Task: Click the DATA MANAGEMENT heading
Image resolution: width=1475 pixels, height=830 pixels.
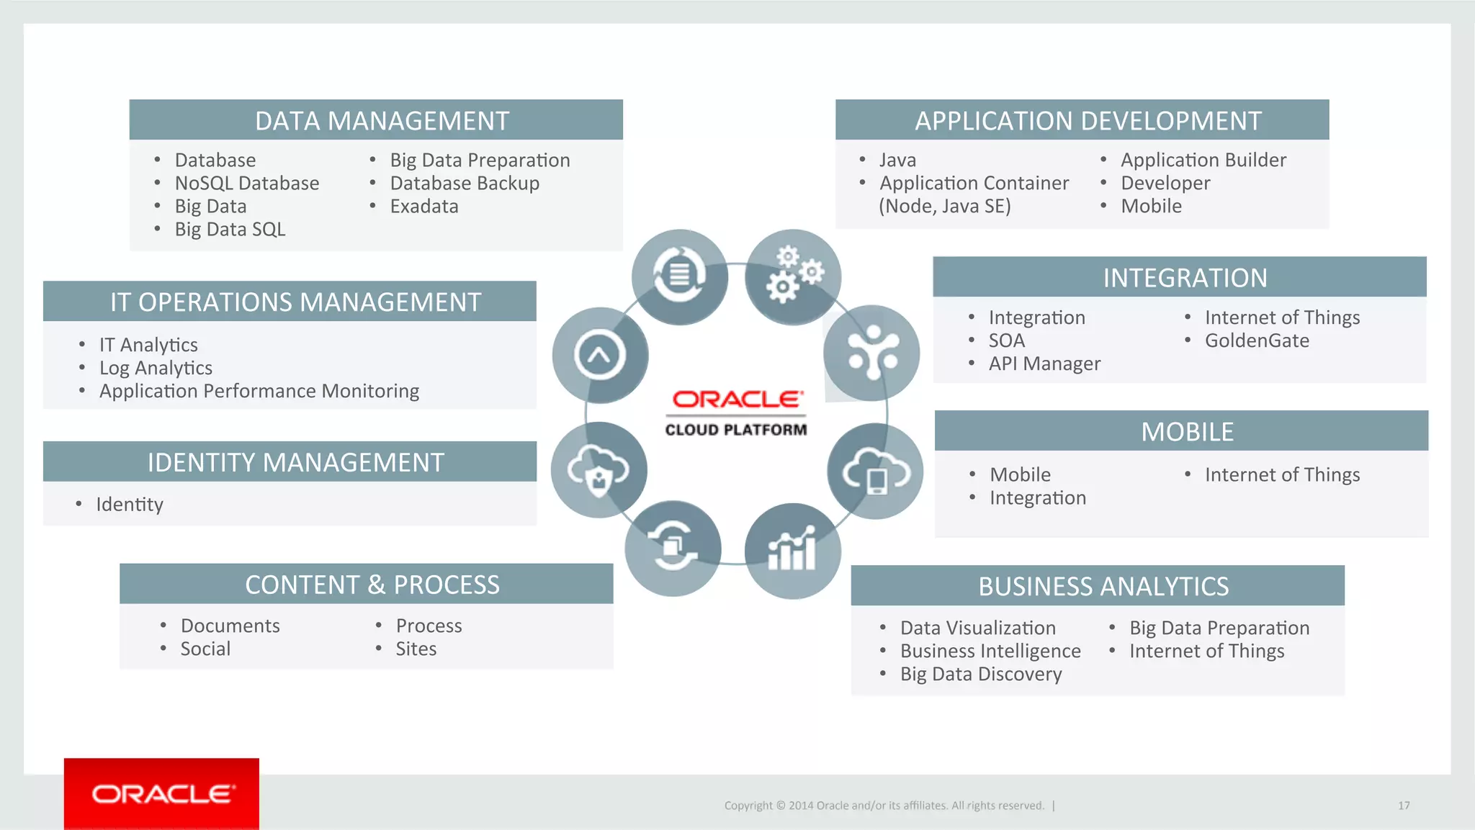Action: pos(382,121)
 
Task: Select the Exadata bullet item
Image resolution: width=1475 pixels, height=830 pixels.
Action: pos(423,207)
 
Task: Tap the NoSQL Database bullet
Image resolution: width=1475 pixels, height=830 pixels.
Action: pos(246,184)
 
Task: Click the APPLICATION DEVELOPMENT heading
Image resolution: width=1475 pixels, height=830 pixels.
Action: pos(1088,121)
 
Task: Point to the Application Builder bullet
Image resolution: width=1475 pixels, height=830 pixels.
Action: pos(1203,161)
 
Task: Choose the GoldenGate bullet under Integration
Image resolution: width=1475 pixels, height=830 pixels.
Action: pos(1257,340)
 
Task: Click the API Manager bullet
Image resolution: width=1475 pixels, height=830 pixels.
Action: pos(1044,364)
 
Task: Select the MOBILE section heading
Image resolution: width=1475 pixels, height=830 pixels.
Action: pos(1187,432)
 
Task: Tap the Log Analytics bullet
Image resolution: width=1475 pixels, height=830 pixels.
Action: pos(156,368)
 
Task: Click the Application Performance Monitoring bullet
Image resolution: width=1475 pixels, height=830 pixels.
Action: pos(259,391)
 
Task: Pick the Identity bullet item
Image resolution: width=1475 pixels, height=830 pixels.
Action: pos(130,505)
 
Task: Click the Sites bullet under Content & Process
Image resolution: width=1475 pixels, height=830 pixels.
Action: pos(416,649)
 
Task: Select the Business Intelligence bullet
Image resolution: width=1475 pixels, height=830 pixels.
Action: pos(990,651)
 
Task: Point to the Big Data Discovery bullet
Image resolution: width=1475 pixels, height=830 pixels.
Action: pos(980,674)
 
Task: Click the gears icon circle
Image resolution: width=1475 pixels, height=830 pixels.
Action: pos(792,277)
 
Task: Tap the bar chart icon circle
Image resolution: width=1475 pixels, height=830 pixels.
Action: pos(792,551)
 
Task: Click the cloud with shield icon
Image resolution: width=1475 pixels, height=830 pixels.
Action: pos(598,470)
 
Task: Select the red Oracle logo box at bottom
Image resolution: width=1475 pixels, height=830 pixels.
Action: pos(161,793)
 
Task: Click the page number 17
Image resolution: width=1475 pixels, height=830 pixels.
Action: pos(1403,806)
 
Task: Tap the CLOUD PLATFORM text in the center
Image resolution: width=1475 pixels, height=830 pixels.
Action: pos(735,430)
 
